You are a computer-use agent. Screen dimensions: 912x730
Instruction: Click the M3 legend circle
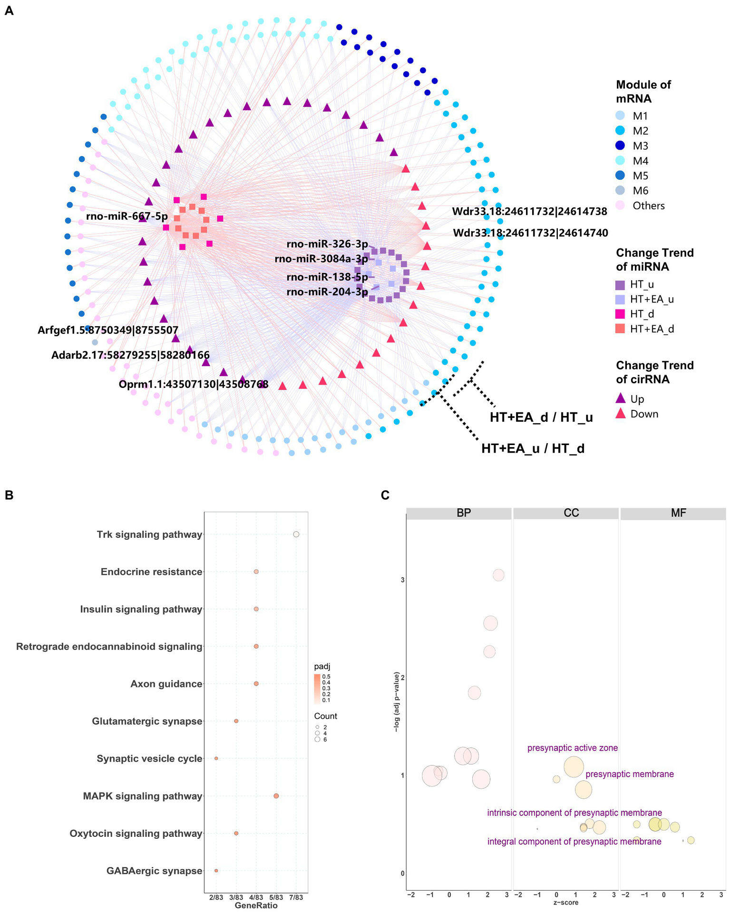click(619, 146)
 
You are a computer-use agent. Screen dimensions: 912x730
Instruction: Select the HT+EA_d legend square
click(620, 329)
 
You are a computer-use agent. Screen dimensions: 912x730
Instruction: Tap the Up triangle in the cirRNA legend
click(620, 398)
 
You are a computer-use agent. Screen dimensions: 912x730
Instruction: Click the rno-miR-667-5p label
click(127, 217)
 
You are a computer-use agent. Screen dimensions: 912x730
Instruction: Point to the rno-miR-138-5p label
click(327, 277)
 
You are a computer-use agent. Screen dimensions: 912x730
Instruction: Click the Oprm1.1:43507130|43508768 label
click(194, 384)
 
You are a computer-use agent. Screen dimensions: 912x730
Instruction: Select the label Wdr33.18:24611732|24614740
click(530, 233)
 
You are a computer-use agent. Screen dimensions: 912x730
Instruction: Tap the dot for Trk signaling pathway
click(296, 534)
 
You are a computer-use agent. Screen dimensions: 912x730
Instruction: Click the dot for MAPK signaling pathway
click(276, 796)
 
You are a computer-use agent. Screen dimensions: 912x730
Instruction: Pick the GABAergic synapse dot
click(216, 871)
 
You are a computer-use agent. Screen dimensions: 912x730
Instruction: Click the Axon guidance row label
click(166, 684)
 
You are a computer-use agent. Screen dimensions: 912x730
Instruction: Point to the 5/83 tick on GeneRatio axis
click(276, 897)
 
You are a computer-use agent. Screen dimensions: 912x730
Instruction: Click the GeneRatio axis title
click(256, 905)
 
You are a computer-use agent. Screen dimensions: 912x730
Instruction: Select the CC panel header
click(571, 513)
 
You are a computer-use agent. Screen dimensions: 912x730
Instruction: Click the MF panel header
click(678, 513)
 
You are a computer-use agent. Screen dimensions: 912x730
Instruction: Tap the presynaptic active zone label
click(573, 748)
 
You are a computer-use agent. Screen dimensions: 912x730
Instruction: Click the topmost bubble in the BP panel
click(498, 575)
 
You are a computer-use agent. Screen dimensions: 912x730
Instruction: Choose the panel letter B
click(9, 495)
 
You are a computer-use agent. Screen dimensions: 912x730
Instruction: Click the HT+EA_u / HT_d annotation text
click(533, 448)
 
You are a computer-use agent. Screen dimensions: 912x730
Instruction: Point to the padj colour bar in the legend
click(317, 688)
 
